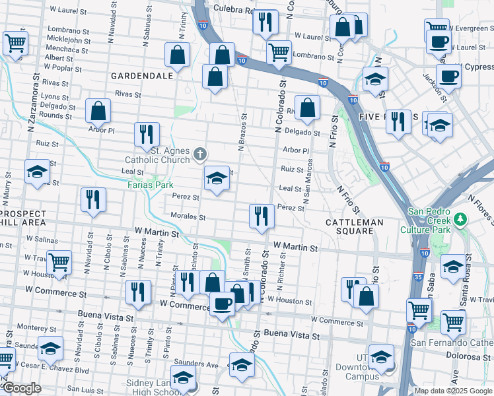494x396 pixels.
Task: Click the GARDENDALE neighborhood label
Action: (x=142, y=75)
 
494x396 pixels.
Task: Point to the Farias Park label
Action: (x=150, y=185)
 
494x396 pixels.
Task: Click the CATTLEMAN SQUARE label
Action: (x=355, y=222)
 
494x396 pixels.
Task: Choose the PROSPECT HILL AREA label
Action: (x=24, y=218)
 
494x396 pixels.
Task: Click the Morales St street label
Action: (x=188, y=216)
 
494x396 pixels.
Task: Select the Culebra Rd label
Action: (x=233, y=10)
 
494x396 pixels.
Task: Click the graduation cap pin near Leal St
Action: (x=217, y=178)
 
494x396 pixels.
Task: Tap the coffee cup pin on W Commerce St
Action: (x=223, y=304)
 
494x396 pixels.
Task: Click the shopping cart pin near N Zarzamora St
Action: (x=15, y=44)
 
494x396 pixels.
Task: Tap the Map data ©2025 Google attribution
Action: (x=452, y=391)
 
